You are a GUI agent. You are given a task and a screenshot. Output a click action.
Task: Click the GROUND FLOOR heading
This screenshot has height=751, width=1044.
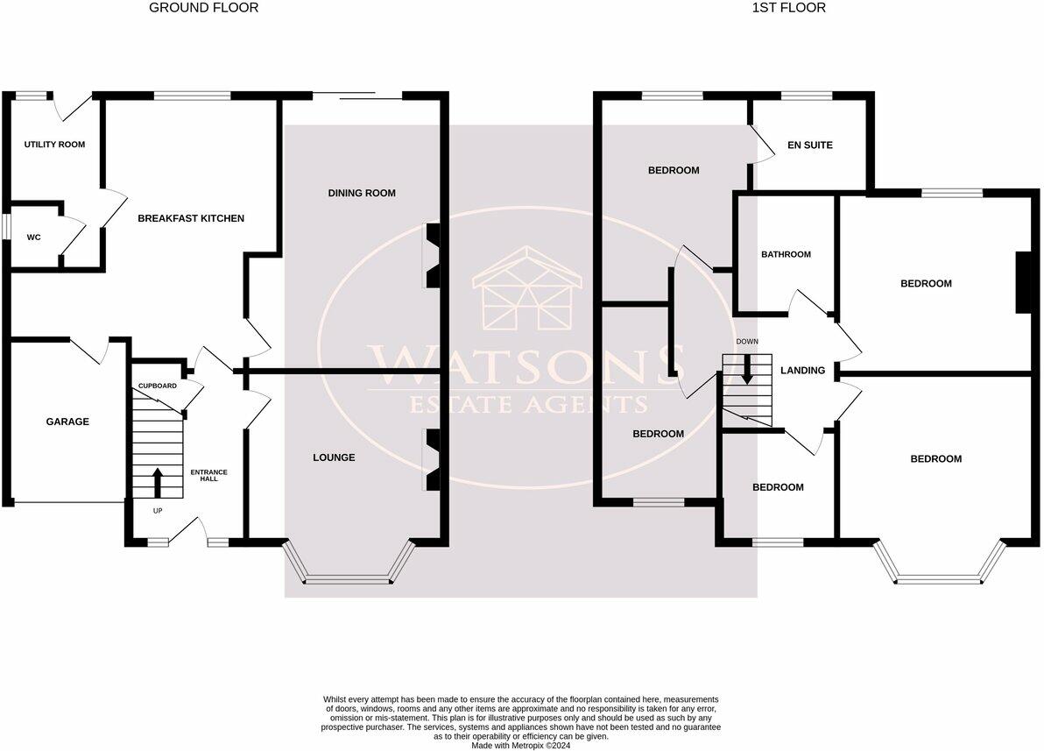click(204, 8)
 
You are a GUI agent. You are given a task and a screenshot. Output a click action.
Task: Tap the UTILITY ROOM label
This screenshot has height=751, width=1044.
click(54, 144)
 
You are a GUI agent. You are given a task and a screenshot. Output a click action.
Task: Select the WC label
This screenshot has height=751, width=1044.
click(34, 237)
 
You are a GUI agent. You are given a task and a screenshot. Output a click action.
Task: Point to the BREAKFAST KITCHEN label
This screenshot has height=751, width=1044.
click(191, 218)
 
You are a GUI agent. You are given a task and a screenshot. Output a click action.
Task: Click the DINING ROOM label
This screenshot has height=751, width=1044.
click(362, 193)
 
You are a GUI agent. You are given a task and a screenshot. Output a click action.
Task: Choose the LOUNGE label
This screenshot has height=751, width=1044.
click(334, 457)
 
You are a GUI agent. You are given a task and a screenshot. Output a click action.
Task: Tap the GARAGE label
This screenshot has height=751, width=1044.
click(67, 422)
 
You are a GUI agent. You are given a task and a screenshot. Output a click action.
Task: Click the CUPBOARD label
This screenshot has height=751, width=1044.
click(158, 386)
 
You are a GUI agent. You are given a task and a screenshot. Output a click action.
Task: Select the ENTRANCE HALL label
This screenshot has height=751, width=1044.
click(208, 475)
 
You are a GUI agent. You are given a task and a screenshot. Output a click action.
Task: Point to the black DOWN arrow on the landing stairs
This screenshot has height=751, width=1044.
click(747, 368)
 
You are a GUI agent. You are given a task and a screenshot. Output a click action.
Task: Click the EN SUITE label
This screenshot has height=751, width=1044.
click(810, 145)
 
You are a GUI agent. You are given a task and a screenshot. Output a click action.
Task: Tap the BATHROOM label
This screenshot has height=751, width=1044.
click(786, 255)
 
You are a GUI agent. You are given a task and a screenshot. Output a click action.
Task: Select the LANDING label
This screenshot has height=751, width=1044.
click(802, 371)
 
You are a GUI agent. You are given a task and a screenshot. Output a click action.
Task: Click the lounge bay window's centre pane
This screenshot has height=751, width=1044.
click(348, 578)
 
